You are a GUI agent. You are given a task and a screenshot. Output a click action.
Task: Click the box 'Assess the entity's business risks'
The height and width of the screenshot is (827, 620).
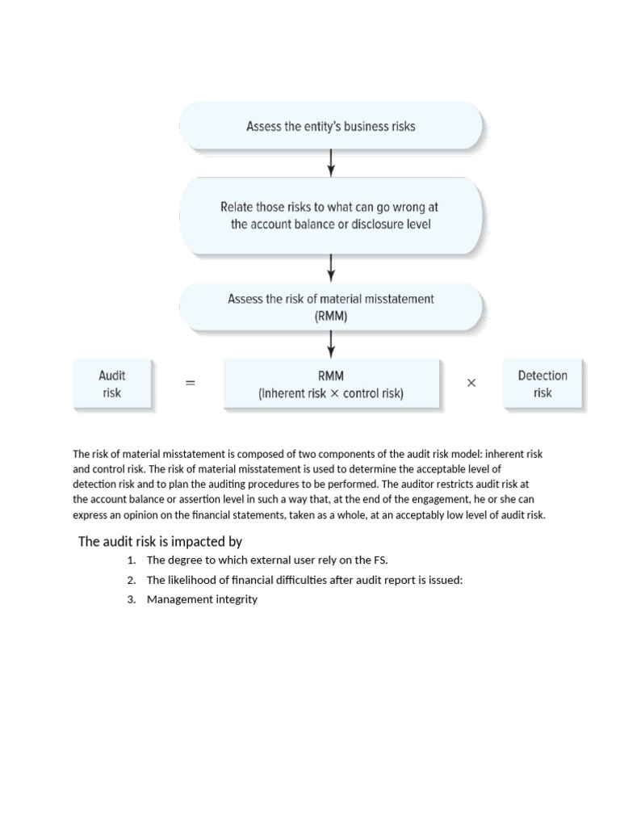(331, 127)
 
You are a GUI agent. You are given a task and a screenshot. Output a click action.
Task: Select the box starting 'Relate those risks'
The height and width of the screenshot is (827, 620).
(331, 216)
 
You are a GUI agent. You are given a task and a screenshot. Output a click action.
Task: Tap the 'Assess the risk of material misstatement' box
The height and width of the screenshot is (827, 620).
(331, 308)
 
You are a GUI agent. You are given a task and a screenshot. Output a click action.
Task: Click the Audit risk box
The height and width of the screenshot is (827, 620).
(112, 384)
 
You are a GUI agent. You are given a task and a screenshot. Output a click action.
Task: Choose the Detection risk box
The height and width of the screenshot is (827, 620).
(542, 384)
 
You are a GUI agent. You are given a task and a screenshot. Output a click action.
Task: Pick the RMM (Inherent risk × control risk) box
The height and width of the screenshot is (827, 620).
(331, 384)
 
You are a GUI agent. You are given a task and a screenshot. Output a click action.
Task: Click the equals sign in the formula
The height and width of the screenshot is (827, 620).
(191, 384)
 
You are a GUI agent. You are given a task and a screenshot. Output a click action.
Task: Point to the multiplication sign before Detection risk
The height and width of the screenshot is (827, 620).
(471, 384)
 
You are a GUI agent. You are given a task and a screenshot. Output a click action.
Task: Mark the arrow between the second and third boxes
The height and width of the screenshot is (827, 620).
(331, 266)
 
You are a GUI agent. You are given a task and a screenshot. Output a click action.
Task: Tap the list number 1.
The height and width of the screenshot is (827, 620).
(131, 560)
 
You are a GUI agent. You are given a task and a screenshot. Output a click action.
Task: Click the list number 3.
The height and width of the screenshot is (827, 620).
(131, 599)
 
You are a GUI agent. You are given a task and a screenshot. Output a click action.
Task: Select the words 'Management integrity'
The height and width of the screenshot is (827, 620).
(202, 599)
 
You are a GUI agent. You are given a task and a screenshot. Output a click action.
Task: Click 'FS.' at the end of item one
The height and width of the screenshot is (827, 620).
(381, 560)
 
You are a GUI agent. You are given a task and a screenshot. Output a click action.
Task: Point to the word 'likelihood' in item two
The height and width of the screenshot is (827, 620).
(192, 580)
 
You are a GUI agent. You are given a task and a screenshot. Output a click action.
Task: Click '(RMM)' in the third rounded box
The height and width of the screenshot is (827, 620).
(331, 317)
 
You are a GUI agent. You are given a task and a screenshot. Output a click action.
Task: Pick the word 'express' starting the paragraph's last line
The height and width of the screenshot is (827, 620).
(90, 514)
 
